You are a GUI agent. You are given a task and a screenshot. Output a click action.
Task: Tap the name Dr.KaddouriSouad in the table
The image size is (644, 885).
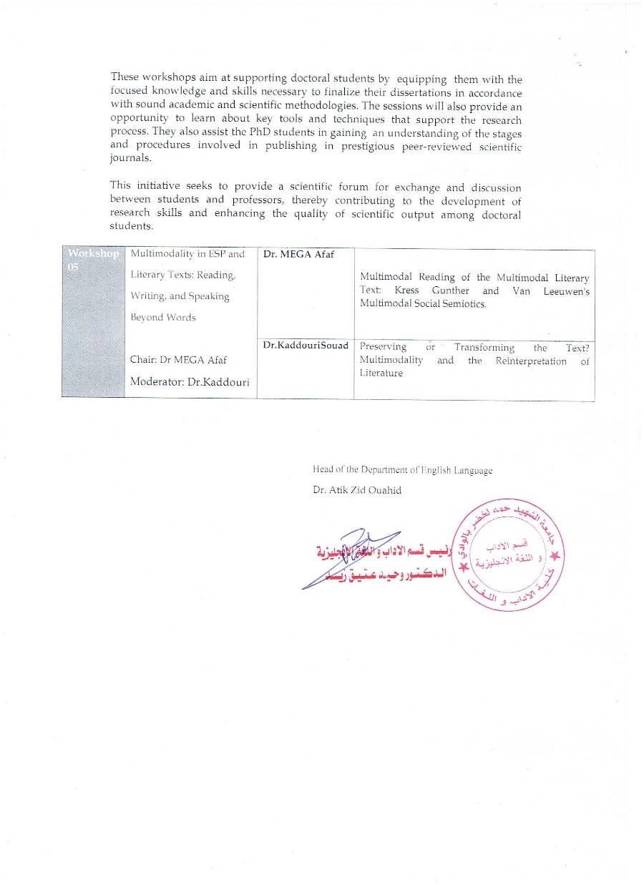tap(306, 346)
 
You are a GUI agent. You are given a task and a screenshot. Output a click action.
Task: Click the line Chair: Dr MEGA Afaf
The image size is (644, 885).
tap(178, 360)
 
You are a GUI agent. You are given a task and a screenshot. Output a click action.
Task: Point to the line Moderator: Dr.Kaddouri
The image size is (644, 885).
tap(190, 382)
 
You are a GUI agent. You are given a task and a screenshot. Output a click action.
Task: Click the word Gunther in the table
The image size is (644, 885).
tap(450, 290)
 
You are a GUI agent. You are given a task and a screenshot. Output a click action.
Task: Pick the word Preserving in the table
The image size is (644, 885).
tap(383, 347)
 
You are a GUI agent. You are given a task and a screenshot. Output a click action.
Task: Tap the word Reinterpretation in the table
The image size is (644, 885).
tap(531, 361)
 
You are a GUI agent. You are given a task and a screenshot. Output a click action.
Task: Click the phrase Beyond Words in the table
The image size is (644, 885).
tap(162, 317)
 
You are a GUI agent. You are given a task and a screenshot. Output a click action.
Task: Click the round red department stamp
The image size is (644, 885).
tap(511, 556)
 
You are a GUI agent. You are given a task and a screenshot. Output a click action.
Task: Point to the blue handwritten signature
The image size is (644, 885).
tap(354, 558)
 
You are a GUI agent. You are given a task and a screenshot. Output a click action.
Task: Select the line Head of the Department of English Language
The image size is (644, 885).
tap(402, 470)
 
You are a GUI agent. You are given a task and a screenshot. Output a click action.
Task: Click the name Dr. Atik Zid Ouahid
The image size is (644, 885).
tap(357, 491)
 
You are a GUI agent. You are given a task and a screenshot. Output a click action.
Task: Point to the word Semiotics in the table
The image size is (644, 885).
tap(464, 304)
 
